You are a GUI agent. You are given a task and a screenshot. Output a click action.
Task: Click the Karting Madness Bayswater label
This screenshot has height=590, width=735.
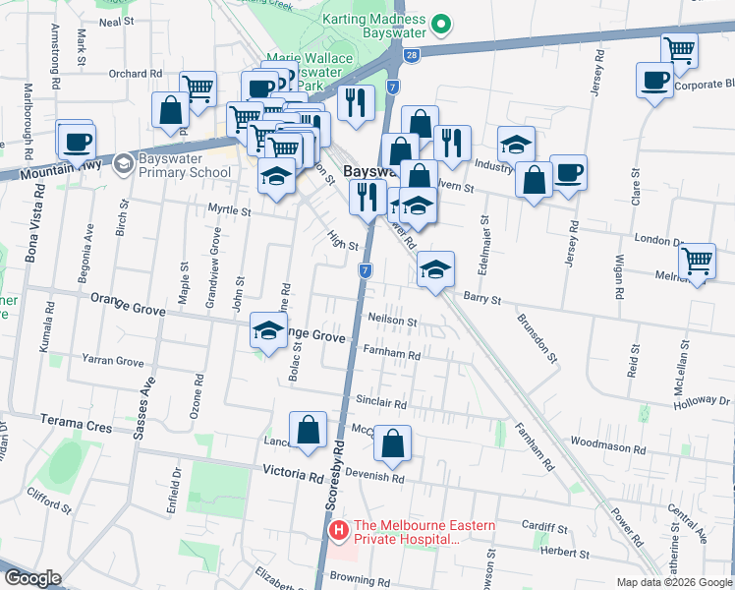374,27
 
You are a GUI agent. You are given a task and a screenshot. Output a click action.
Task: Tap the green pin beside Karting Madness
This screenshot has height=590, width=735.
442,21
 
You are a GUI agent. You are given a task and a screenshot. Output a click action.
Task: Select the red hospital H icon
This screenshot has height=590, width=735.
339,532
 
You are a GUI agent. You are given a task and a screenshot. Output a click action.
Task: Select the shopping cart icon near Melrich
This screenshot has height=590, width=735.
697,262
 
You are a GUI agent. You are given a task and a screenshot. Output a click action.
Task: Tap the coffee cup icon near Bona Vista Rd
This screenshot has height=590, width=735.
76,140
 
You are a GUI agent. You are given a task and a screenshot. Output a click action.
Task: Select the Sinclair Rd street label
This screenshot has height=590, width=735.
381,403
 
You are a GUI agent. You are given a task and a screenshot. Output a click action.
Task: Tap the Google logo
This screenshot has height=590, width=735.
32,578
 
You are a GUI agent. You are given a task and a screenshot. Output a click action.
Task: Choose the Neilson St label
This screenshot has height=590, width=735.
393,321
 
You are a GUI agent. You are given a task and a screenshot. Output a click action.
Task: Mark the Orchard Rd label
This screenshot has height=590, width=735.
136,74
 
